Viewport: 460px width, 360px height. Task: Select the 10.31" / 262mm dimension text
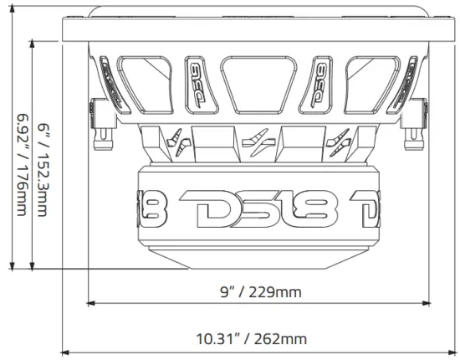252,339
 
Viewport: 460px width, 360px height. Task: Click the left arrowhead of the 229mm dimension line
90,303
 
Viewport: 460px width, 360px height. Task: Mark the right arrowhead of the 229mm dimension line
427,303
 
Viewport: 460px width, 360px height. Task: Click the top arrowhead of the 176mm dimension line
12,37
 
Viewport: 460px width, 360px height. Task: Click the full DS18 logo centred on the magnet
259,207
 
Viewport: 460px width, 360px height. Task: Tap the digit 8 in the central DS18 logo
321,207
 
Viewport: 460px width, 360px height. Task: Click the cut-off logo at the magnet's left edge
154,207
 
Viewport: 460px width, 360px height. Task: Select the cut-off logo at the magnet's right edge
365,207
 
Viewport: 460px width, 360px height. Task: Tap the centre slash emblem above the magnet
259,141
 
